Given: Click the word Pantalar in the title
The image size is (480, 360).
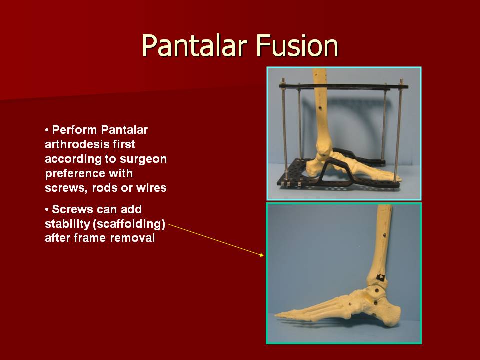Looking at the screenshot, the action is (x=194, y=46).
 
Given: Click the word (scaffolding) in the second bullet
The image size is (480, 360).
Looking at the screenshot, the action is (x=129, y=224).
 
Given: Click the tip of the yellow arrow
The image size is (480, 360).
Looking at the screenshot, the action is (x=264, y=255).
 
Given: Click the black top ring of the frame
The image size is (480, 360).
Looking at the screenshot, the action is (x=344, y=86).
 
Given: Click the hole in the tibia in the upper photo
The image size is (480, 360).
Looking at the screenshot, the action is (x=320, y=108).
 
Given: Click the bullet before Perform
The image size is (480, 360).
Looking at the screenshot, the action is (x=47, y=130).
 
